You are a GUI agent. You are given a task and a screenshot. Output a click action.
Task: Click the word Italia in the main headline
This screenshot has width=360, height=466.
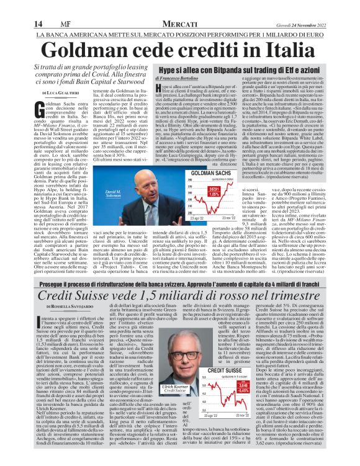[291, 50]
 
